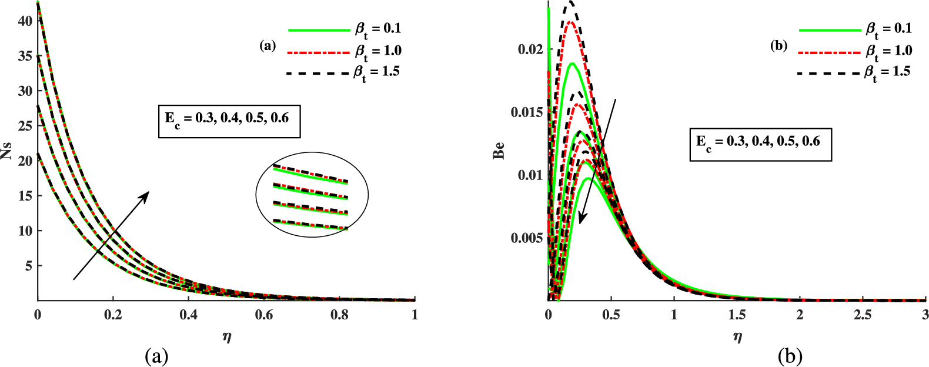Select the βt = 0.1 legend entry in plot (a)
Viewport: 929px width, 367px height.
click(345, 29)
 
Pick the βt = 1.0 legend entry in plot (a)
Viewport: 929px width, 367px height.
click(345, 52)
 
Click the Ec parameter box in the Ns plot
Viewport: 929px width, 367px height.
click(229, 121)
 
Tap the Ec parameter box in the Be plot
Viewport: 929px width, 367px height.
click(761, 144)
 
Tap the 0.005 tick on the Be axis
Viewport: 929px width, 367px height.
click(527, 238)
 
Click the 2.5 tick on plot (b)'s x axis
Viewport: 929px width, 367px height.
click(863, 315)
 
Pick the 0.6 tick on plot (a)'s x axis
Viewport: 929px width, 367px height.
click(264, 315)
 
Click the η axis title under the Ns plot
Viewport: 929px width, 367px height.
click(226, 338)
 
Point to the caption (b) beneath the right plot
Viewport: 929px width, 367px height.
click(789, 356)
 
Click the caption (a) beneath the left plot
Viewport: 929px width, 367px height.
click(156, 356)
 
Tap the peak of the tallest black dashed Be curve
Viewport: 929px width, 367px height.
click(569, 3)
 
